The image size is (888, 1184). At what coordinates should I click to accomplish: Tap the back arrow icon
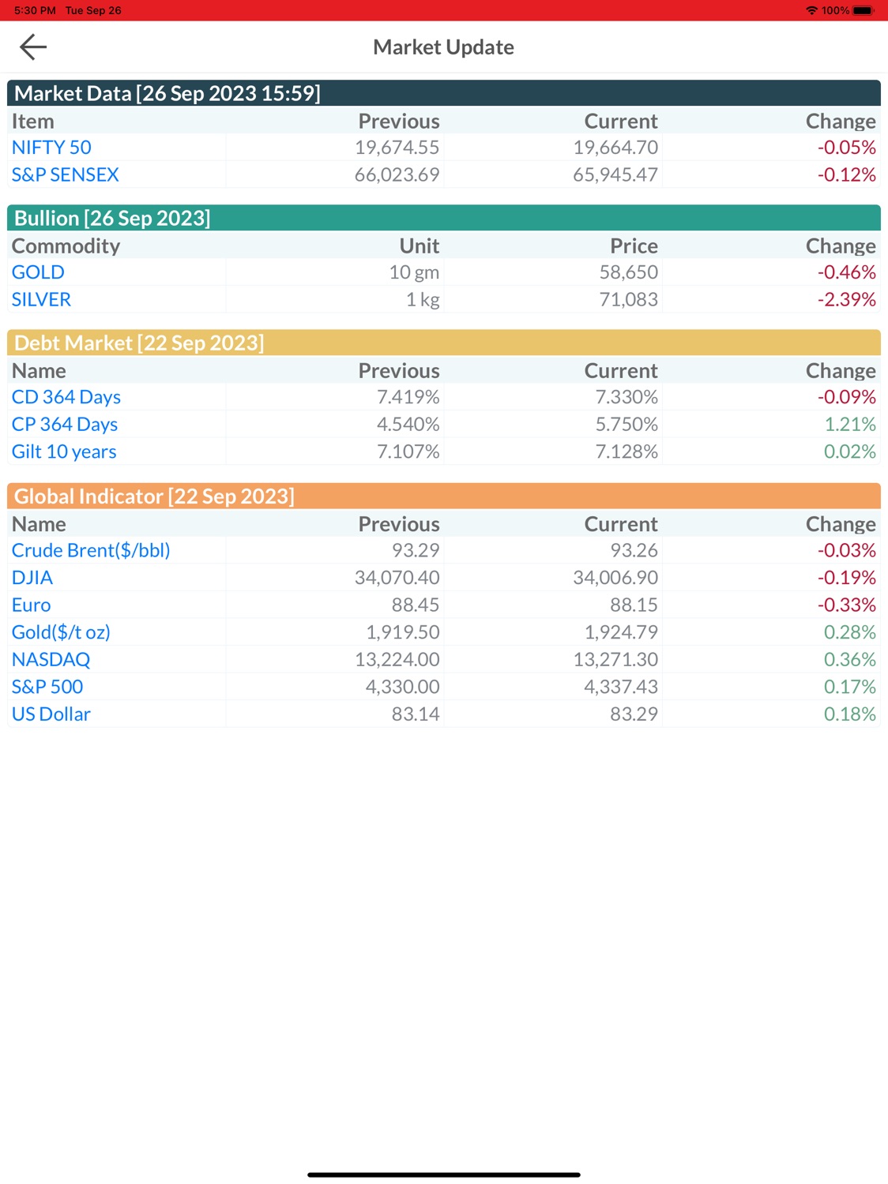click(33, 47)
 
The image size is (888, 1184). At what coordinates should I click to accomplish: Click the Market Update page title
click(443, 47)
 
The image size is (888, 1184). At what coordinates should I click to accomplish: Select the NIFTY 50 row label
click(51, 148)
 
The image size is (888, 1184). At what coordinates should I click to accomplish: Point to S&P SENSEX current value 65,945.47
click(615, 174)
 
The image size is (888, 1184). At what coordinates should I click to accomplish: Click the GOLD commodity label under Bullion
click(38, 272)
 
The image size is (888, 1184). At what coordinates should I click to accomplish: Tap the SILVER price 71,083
click(628, 299)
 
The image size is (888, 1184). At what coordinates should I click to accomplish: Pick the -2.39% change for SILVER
click(846, 299)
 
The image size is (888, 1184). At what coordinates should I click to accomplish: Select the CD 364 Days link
click(66, 397)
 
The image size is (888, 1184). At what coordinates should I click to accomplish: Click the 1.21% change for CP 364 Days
click(849, 425)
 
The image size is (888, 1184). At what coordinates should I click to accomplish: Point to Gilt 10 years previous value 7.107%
click(408, 451)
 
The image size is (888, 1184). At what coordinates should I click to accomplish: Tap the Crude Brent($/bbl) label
click(91, 550)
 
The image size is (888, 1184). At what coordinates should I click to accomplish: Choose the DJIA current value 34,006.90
click(615, 578)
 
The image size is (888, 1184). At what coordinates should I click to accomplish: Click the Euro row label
click(32, 605)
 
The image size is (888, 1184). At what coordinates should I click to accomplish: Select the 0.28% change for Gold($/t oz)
click(849, 632)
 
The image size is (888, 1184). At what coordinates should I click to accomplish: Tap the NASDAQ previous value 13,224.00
click(397, 659)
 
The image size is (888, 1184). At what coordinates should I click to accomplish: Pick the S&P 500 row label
click(47, 687)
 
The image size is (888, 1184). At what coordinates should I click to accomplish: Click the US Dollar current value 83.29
click(633, 714)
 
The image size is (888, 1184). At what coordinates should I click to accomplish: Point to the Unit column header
click(419, 246)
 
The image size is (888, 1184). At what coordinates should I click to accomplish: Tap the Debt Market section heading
click(139, 343)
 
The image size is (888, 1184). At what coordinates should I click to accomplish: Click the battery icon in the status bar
click(864, 10)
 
